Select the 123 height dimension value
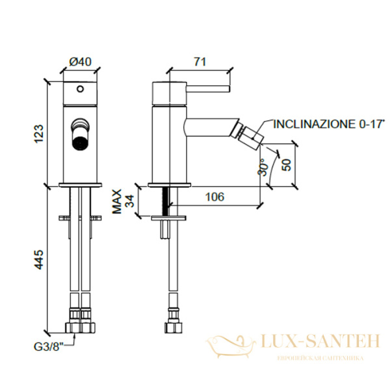38,133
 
